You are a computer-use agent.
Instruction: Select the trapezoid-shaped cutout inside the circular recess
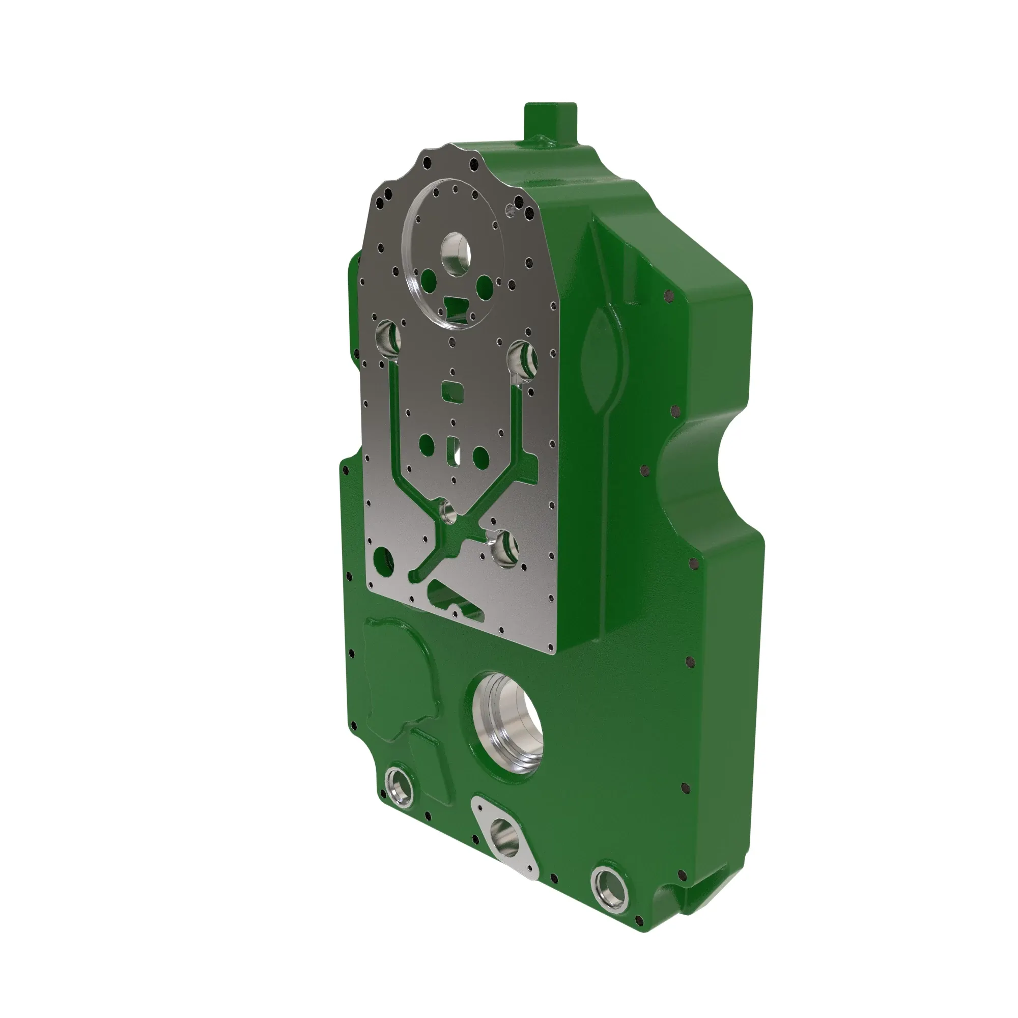coord(456,304)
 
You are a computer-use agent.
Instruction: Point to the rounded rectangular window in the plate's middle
coord(453,391)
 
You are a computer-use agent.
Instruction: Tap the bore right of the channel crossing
coord(505,548)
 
